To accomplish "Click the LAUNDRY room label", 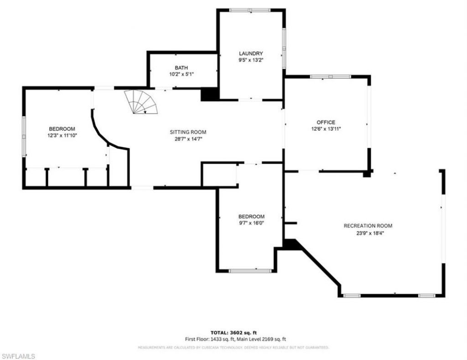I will pyautogui.click(x=251, y=53).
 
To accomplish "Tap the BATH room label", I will pyautogui.click(x=181, y=67).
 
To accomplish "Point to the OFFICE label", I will pyautogui.click(x=326, y=122).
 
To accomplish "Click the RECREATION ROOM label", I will pyautogui.click(x=368, y=226).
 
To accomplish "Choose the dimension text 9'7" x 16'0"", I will pyautogui.click(x=251, y=223).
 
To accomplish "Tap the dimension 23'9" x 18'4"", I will pyautogui.click(x=368, y=232).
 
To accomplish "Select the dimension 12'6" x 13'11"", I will pyautogui.click(x=326, y=129).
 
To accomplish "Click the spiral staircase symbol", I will pyautogui.click(x=143, y=102).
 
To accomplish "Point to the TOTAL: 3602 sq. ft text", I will pyautogui.click(x=236, y=333).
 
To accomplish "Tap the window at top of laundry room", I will pyautogui.click(x=249, y=10).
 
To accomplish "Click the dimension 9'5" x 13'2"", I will pyautogui.click(x=251, y=60).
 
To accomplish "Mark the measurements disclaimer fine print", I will pyautogui.click(x=233, y=348).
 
